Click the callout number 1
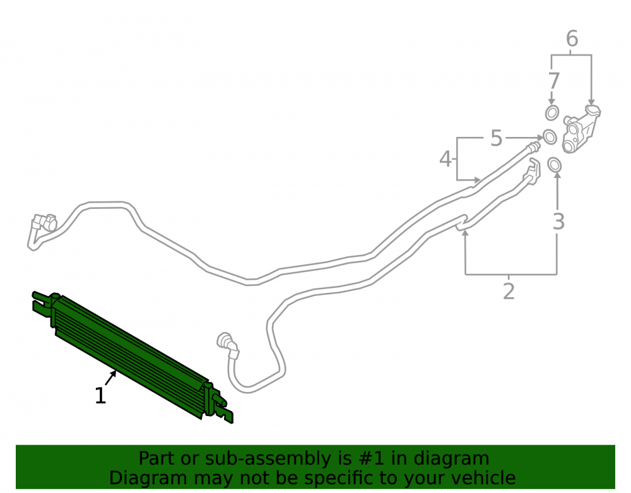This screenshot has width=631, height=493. point(100,396)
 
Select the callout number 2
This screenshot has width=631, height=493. point(509,292)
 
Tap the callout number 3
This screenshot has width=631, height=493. point(558,222)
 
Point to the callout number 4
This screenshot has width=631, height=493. point(445,159)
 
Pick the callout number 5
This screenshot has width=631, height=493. point(497,138)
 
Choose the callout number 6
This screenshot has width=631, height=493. point(572,39)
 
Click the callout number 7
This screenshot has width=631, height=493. point(554,81)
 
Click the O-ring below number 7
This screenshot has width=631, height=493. point(551,113)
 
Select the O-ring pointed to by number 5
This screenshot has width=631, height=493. point(550,137)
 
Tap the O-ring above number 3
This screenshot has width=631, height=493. point(555,164)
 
